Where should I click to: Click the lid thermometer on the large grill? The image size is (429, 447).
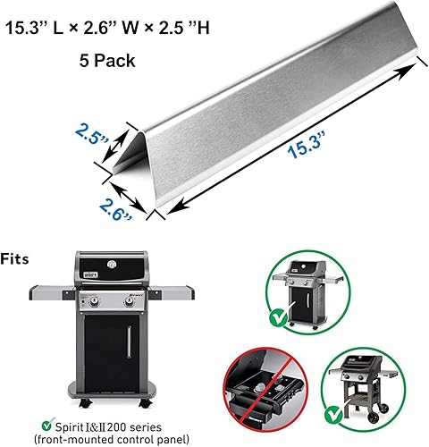[x=113, y=266]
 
